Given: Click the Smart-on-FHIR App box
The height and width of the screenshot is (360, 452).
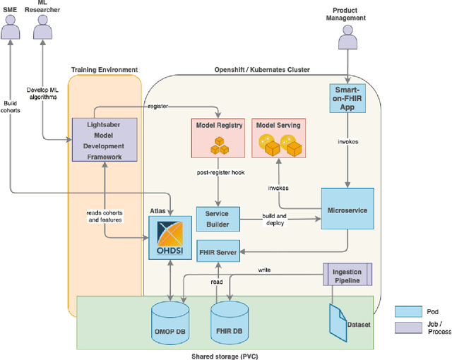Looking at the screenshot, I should pos(347,100).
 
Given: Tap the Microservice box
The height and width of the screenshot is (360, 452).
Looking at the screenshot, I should pos(347,210).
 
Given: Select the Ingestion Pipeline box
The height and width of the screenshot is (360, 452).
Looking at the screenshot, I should pos(347,274).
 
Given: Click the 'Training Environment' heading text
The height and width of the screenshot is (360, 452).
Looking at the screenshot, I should pos(105,69).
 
